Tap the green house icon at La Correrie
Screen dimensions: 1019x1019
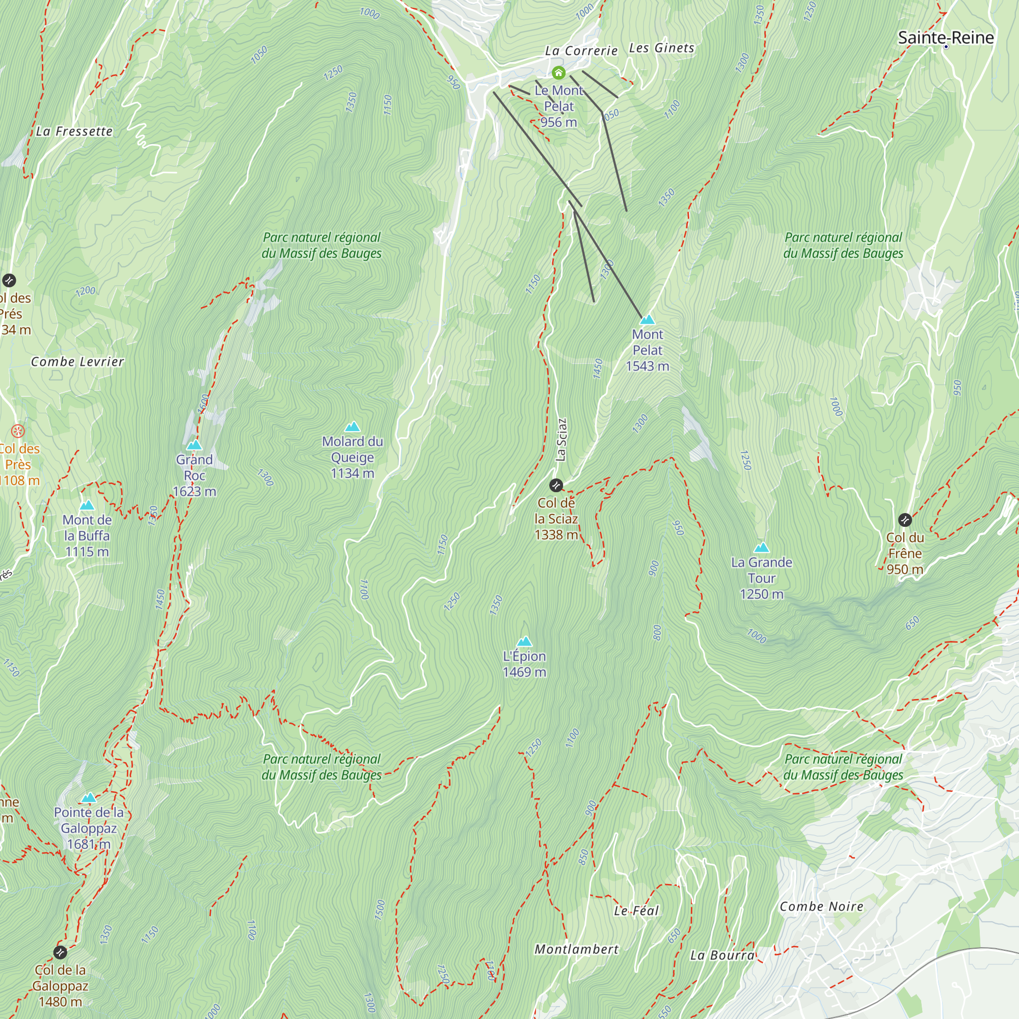pos(558,73)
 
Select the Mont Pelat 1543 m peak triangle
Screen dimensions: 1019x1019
pos(647,319)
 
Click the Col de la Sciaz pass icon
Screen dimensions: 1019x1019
pos(556,485)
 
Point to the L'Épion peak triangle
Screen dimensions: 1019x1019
pos(524,641)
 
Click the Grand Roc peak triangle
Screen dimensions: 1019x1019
pos(194,445)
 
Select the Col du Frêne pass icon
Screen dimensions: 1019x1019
pos(905,520)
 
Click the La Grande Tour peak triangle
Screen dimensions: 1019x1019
pos(761,548)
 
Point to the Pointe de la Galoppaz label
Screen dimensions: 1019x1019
pos(89,828)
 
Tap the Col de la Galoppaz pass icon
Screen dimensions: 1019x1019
pos(60,953)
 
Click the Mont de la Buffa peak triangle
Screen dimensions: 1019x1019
pos(87,505)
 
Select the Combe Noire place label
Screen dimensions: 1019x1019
pos(821,907)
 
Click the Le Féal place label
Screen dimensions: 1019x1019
pos(636,911)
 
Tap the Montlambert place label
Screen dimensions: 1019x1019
pos(576,949)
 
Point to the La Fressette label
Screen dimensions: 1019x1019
pos(74,131)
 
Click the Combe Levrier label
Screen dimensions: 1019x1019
pos(77,362)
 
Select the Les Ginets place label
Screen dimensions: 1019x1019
pos(661,48)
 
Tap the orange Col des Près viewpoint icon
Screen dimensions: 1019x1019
pos(18,432)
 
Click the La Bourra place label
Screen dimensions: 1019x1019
pos(722,955)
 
